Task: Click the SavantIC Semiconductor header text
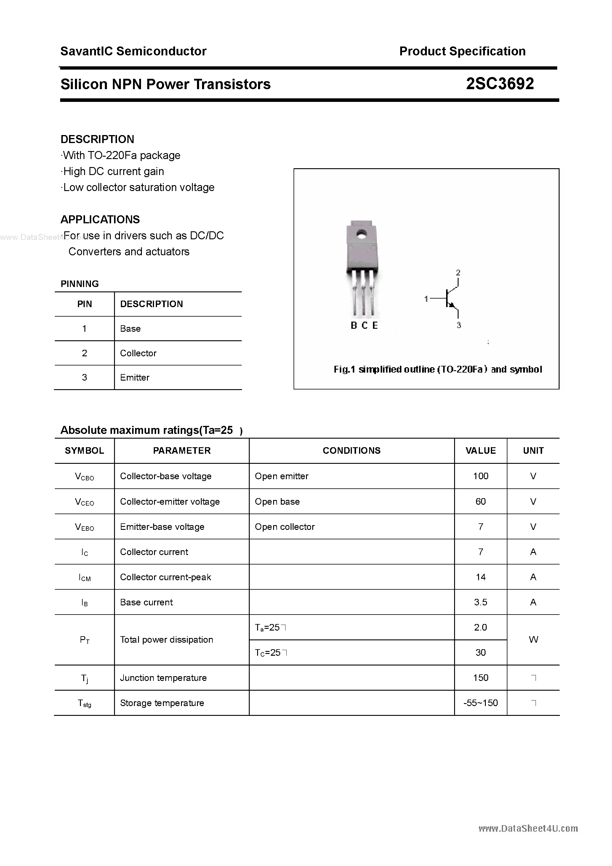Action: pos(133,51)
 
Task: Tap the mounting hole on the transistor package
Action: pos(362,234)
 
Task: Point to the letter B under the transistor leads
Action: pos(353,325)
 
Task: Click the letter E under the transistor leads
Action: pos(375,325)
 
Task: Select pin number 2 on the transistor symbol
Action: pos(458,272)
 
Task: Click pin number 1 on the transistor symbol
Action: pos(426,299)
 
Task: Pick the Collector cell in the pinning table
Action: pos(138,353)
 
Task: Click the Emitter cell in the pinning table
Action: pos(135,378)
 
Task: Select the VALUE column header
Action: pos(480,451)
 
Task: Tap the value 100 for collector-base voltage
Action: pos(480,476)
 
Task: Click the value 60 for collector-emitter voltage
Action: pos(480,501)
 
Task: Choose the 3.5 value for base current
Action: pos(480,602)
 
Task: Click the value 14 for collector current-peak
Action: pos(480,577)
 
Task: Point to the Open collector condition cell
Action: pos(284,527)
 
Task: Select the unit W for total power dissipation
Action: pos(533,640)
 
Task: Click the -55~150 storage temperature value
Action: pos(480,703)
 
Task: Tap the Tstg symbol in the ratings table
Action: pos(84,703)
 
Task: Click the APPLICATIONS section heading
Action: pos(100,219)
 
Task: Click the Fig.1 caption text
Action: pos(438,369)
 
